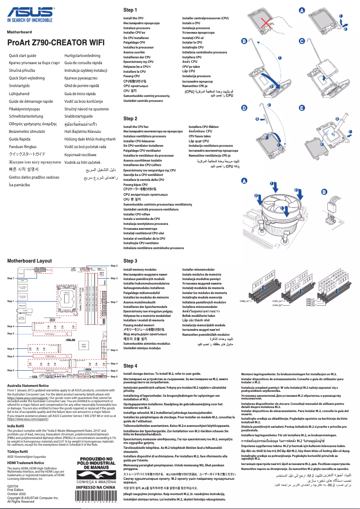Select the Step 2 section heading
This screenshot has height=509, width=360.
tap(130, 118)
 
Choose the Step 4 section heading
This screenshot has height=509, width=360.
tap(130, 366)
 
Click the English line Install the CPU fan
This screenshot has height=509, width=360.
tap(136, 127)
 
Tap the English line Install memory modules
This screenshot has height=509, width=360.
tap(140, 269)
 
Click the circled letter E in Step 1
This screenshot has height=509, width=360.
tap(302, 108)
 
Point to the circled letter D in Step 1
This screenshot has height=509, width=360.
tap(244, 108)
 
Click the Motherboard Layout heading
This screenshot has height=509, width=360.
tap(29, 260)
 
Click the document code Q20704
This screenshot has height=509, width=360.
tap(13, 486)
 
